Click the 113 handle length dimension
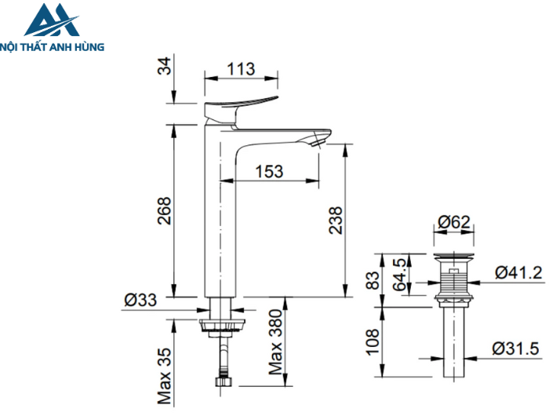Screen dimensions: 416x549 (x=241, y=69)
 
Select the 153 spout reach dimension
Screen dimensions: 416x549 (x=268, y=171)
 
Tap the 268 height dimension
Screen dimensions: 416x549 (x=163, y=210)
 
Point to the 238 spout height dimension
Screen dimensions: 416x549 (x=334, y=222)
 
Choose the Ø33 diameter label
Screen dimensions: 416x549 (x=141, y=299)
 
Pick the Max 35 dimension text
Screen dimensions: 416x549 (x=163, y=367)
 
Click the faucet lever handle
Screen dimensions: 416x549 (x=239, y=104)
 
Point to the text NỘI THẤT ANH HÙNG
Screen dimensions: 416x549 (x=53, y=46)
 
